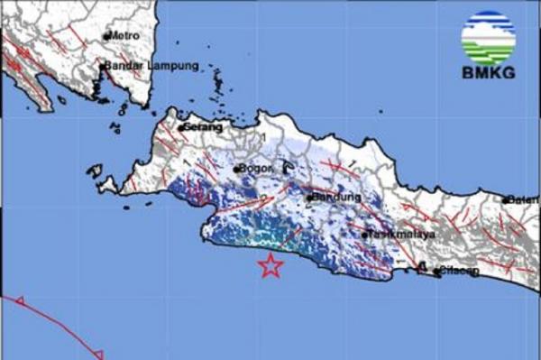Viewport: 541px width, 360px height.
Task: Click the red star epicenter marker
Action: tap(270, 265)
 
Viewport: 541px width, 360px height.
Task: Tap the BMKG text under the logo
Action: tap(487, 73)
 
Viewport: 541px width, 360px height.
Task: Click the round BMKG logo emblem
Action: tap(488, 37)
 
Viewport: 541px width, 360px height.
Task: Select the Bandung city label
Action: tap(336, 197)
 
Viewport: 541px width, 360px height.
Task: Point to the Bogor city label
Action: tap(256, 169)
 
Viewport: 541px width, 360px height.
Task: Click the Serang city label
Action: tap(204, 127)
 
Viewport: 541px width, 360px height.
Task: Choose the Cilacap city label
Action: tap(458, 271)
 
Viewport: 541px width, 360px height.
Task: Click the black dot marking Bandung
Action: tap(309, 198)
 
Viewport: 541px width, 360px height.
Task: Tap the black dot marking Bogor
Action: tap(237, 169)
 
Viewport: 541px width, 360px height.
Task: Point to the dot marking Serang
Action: tap(181, 128)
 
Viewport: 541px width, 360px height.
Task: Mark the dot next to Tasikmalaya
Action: tap(365, 235)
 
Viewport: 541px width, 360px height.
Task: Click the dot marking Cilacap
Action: tap(436, 270)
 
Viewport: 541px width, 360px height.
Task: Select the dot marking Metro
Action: tap(106, 36)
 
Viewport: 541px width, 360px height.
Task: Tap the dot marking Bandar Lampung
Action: tap(102, 66)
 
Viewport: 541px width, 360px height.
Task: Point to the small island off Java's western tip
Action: tap(95, 169)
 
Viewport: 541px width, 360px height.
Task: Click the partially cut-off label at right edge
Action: tap(522, 199)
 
